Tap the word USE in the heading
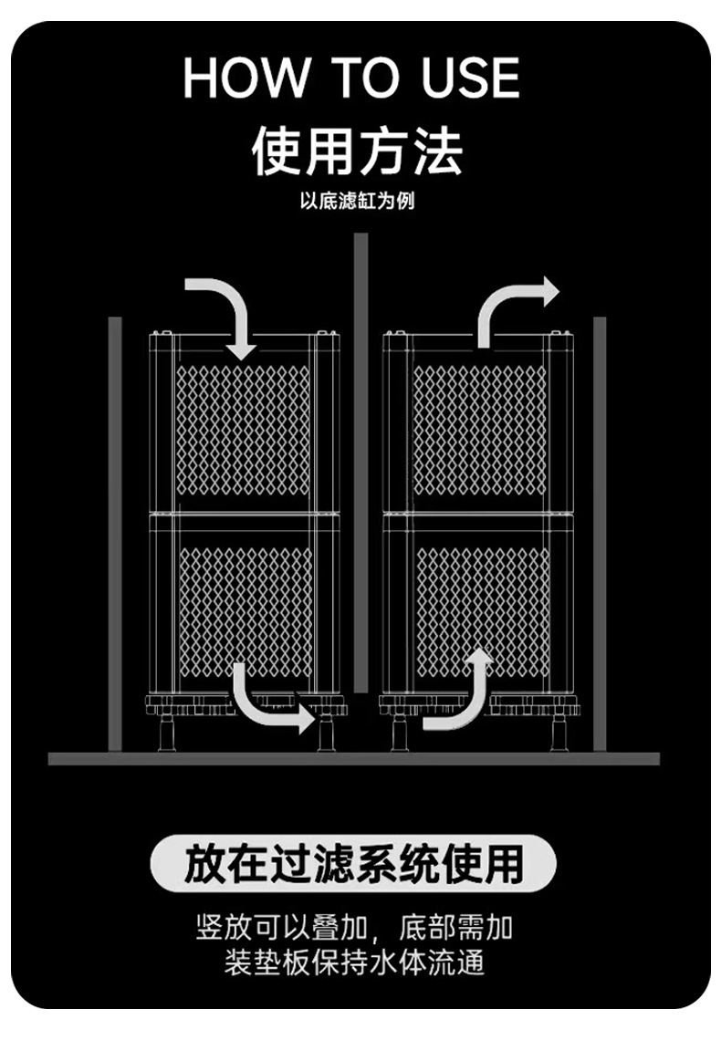click(x=470, y=78)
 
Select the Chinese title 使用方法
click(x=357, y=151)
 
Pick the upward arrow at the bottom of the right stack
click(x=461, y=693)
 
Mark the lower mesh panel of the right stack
click(x=482, y=602)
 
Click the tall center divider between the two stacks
click(x=360, y=493)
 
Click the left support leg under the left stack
click(x=167, y=732)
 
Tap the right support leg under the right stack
click(x=559, y=732)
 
